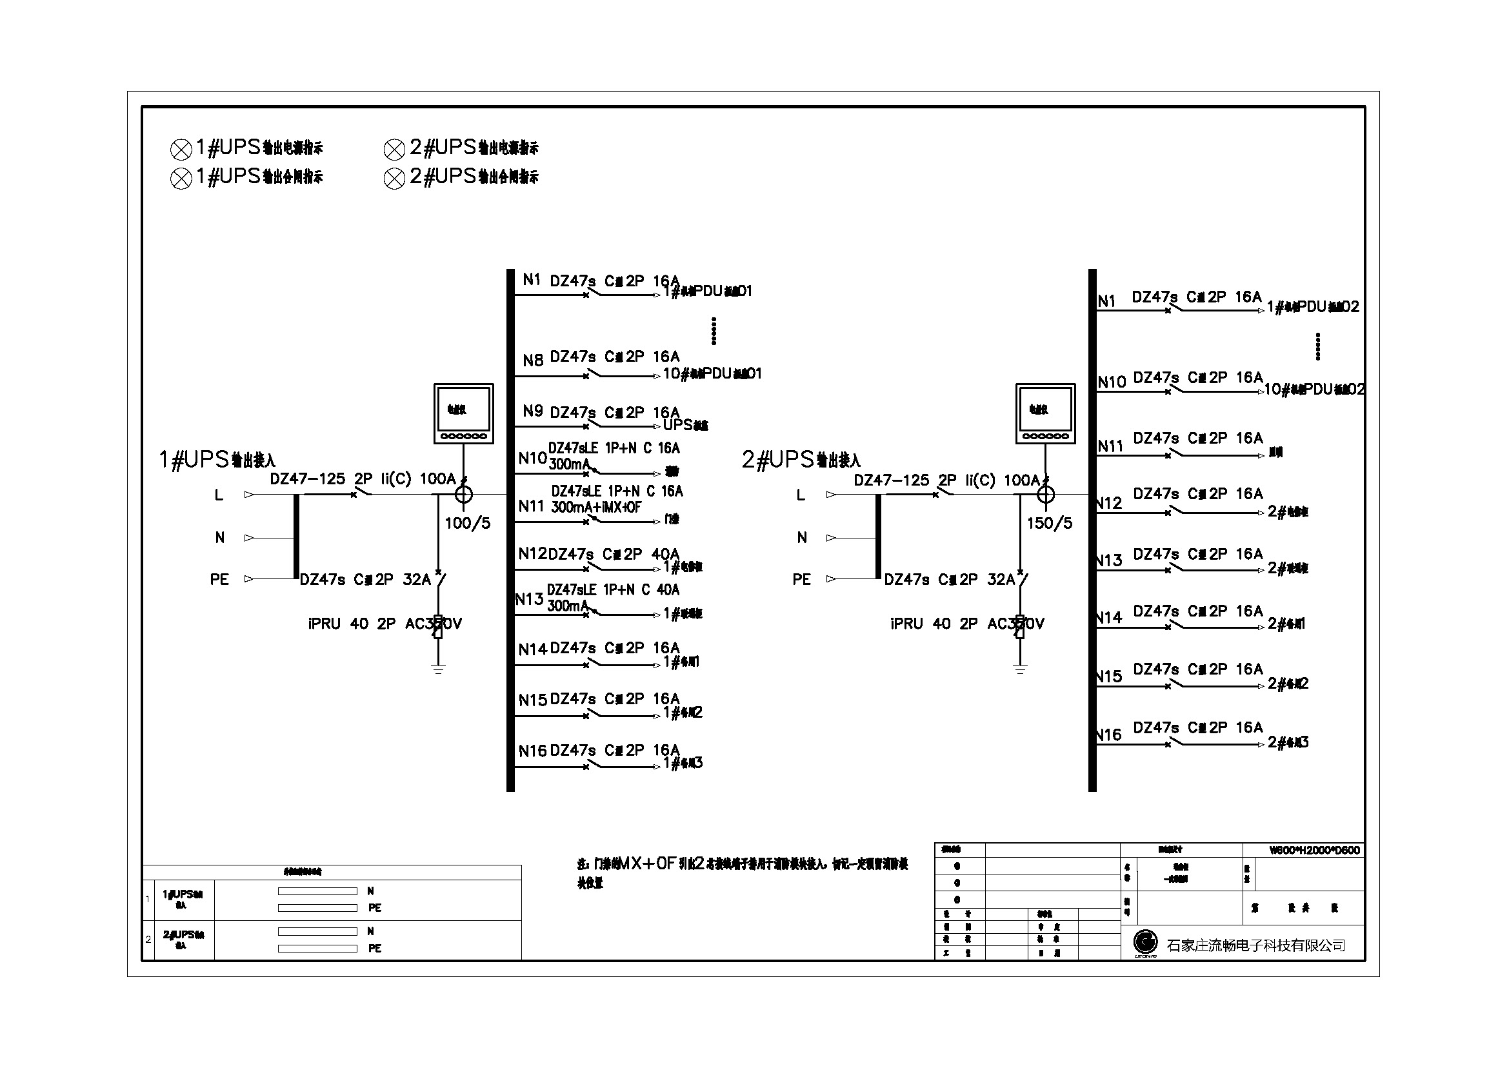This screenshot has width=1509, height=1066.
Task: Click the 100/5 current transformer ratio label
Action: [x=467, y=524]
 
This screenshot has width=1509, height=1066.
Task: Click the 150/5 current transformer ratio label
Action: [x=1050, y=524]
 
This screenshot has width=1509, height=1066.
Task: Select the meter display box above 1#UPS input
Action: [x=463, y=413]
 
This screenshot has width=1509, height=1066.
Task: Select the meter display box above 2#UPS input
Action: [x=1045, y=413]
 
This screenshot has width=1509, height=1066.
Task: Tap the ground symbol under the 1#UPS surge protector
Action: [x=438, y=669]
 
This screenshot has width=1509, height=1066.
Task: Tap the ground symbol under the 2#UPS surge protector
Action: [x=1020, y=669]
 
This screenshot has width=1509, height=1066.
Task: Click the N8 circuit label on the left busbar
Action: [x=533, y=360]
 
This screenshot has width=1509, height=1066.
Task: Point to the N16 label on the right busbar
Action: [x=1109, y=735]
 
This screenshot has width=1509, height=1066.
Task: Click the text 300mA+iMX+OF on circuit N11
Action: [x=595, y=507]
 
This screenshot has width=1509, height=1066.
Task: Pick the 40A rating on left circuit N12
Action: [x=665, y=555]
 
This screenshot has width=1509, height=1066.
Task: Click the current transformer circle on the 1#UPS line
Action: [x=463, y=494]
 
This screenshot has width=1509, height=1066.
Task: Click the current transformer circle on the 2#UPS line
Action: [x=1045, y=494]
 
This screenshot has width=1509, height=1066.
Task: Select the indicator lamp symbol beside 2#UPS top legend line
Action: [x=394, y=150]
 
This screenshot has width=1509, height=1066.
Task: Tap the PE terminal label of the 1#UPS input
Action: [x=219, y=579]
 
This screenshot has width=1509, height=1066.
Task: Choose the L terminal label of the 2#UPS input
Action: [x=801, y=495]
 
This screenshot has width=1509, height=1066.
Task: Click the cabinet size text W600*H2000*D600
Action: [x=1314, y=850]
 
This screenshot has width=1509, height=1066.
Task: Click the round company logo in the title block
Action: [x=1146, y=943]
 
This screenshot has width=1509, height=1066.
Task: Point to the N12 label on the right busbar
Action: [x=1110, y=504]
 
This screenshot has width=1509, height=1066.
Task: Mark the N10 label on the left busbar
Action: [x=532, y=459]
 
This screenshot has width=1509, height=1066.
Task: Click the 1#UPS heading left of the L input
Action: [x=217, y=460]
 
